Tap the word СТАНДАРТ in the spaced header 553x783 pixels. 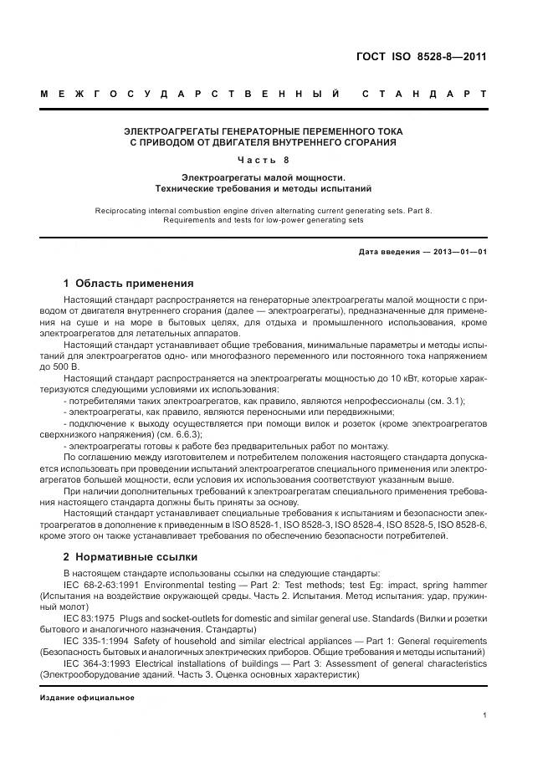425,95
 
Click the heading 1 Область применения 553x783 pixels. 128,283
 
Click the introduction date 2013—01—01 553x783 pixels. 456,251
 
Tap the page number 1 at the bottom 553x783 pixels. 485,715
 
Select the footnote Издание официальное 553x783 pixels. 86,697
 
